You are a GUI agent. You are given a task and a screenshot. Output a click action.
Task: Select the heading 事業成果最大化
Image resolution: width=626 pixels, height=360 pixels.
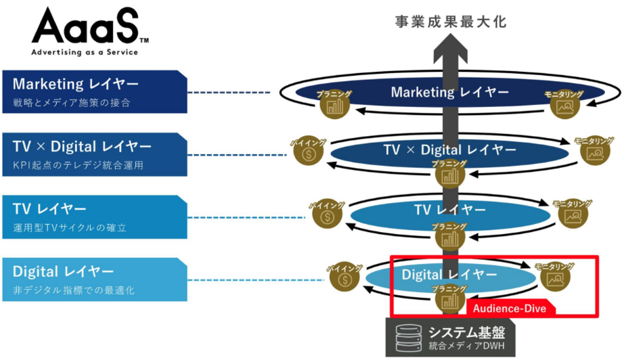pyautogui.click(x=450, y=22)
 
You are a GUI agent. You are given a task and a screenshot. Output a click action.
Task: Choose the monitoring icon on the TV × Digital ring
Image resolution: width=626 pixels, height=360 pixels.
pyautogui.click(x=594, y=153)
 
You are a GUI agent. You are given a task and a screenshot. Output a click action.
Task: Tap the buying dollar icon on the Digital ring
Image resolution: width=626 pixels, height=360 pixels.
pyautogui.click(x=345, y=279)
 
